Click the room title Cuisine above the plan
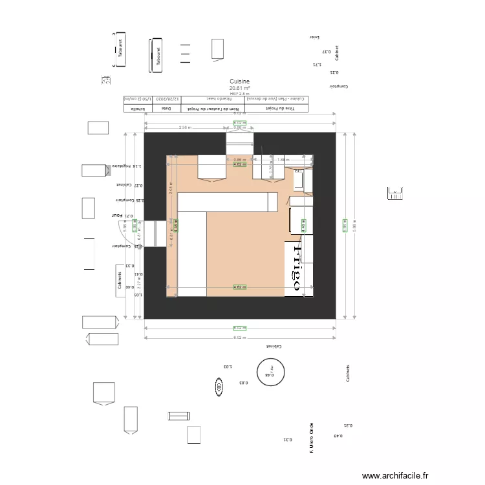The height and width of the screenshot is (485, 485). point(239,82)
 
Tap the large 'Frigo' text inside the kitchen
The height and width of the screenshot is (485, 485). point(298,268)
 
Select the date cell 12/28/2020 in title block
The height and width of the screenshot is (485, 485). point(167,100)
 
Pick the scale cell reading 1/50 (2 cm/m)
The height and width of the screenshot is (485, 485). point(136,100)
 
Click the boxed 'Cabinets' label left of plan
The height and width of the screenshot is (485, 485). point(120,281)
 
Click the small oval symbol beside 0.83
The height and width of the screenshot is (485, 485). point(219,387)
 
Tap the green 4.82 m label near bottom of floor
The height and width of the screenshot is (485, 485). point(240,287)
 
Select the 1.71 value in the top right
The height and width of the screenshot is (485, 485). point(316,64)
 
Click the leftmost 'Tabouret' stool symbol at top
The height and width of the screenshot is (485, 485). point(120,48)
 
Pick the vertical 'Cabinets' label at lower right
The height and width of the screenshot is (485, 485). point(348,372)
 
